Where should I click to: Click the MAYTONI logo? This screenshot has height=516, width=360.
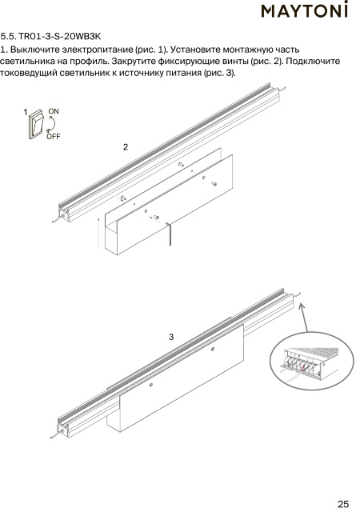[x=304, y=10]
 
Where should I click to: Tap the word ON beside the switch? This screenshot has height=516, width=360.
[x=54, y=111]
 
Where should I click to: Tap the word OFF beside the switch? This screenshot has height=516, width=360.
[x=54, y=136]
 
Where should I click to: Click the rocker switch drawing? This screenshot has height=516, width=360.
[x=36, y=124]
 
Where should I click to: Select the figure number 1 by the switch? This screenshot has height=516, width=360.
[x=26, y=112]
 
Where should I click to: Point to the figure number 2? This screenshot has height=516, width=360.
[x=126, y=147]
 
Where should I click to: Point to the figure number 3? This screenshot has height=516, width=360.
[x=171, y=337]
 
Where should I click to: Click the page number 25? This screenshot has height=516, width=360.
[x=343, y=504]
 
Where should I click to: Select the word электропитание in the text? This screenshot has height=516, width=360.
[x=98, y=50]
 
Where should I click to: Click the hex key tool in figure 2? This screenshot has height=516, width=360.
[x=169, y=234]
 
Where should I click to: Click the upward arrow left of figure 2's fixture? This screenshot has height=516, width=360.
[x=98, y=232]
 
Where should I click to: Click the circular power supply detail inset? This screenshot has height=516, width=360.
[x=312, y=361]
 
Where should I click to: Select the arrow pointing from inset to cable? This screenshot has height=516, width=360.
[x=304, y=318]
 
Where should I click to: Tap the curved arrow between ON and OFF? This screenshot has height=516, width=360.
[x=52, y=124]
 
